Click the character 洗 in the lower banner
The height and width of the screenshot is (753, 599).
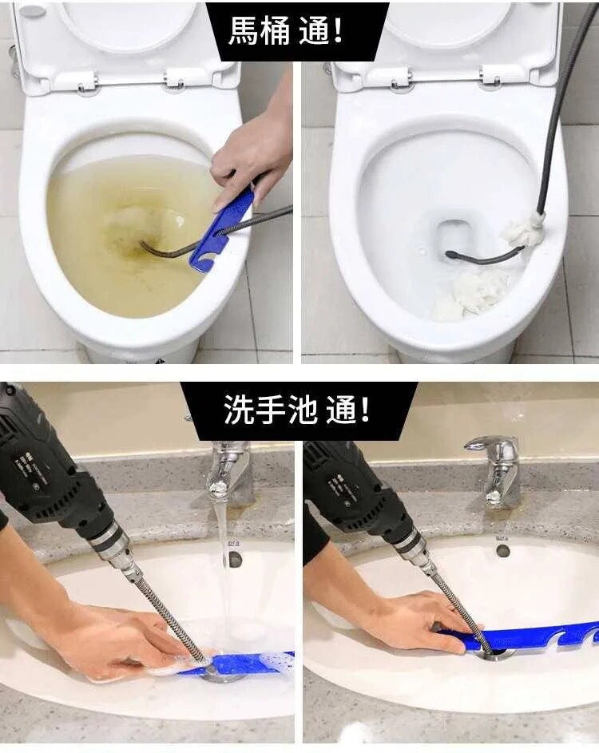(239, 410)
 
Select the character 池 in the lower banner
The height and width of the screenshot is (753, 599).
(303, 410)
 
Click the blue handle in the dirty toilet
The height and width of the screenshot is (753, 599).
(221, 229)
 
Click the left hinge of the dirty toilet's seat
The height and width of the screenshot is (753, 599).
(87, 82)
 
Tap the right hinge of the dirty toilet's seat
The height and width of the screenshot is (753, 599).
(176, 80)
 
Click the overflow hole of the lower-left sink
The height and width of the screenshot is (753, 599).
(235, 558)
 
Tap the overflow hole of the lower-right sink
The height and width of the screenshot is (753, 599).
(503, 550)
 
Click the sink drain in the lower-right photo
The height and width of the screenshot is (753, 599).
(494, 654)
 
